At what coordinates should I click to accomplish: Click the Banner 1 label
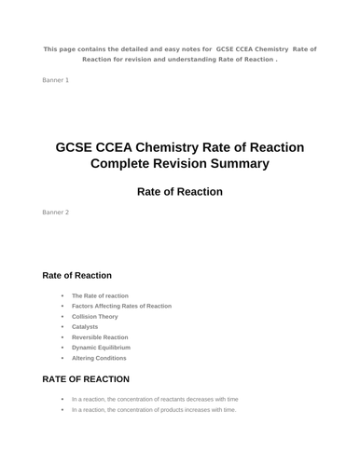pyautogui.click(x=55, y=81)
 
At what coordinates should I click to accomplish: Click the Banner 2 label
pyautogui.click(x=55, y=212)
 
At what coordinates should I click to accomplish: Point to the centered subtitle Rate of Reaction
pyautogui.click(x=180, y=192)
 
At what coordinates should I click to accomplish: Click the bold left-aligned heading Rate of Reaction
pyautogui.click(x=77, y=276)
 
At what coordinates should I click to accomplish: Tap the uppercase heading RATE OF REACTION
pyautogui.click(x=86, y=379)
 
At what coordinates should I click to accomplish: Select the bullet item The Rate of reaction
pyautogui.click(x=100, y=295)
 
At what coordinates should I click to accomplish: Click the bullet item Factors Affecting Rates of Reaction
pyautogui.click(x=121, y=306)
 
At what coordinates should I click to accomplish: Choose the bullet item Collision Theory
pyautogui.click(x=95, y=316)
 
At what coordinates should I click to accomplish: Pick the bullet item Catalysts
pyautogui.click(x=85, y=326)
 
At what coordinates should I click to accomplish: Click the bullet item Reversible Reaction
pyautogui.click(x=100, y=337)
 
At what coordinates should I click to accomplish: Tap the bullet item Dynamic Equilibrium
pyautogui.click(x=101, y=348)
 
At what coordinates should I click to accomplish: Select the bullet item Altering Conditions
pyautogui.click(x=99, y=358)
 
